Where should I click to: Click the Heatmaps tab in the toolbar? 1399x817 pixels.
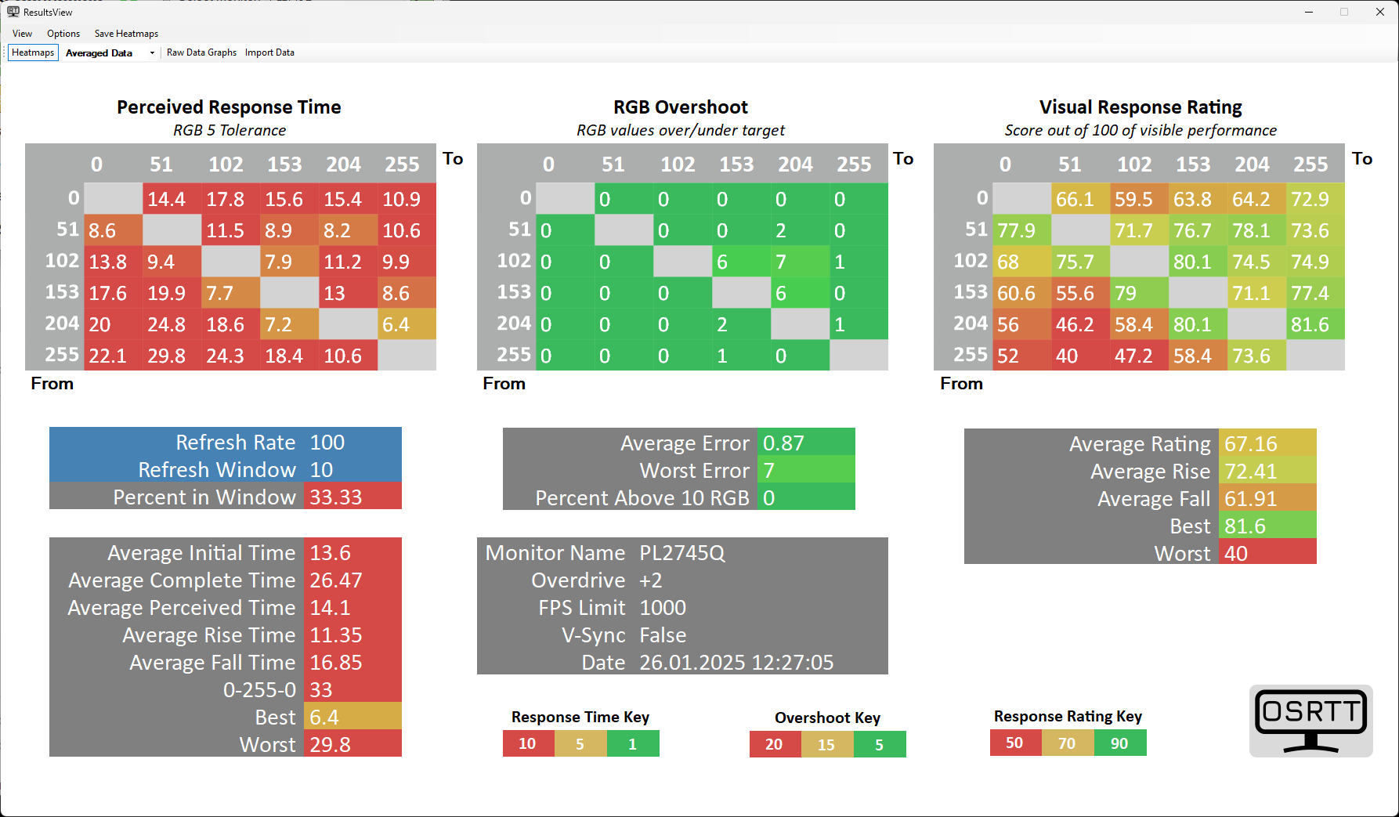tap(33, 52)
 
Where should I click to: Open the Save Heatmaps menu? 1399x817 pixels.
tap(126, 34)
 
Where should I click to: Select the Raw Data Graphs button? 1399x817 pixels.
tap(201, 52)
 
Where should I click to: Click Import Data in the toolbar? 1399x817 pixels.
tap(269, 52)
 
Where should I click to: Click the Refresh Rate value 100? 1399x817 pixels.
tap(327, 443)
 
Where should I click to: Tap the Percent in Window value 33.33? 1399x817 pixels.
tap(336, 497)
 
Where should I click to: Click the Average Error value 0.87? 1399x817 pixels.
tap(783, 443)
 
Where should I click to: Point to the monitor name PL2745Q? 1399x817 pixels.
tap(682, 553)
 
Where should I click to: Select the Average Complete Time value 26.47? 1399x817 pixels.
tap(336, 580)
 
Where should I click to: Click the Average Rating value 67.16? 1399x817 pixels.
tap(1251, 444)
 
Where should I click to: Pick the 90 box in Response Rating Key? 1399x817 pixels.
tap(1119, 743)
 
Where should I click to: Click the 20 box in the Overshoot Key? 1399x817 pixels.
tap(774, 744)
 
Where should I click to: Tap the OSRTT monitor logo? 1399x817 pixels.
tap(1310, 721)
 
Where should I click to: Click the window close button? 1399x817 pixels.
tap(1380, 12)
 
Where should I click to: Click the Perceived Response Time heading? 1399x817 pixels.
tap(229, 107)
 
